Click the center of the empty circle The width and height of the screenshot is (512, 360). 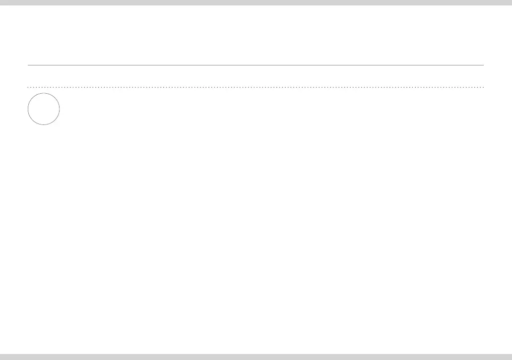point(44,109)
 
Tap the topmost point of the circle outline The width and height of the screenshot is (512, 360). point(44,93)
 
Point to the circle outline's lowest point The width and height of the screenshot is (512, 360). point(44,124)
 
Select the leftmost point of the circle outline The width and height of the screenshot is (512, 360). point(28,109)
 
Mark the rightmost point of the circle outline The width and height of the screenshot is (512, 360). point(60,109)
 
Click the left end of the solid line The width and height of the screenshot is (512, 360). point(28,65)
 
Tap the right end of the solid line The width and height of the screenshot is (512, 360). point(483,65)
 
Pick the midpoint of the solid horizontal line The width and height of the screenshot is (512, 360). point(256,65)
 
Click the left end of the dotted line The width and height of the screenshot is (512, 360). point(28,87)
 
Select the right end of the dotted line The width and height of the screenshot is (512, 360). point(483,87)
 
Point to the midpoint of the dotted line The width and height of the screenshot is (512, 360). point(256,87)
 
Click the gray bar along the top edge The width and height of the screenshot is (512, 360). point(256,2)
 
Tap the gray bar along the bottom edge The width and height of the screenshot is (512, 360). point(256,357)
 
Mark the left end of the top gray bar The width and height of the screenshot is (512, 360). point(1,2)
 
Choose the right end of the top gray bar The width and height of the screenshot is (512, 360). point(511,2)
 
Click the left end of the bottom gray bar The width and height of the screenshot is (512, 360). point(1,357)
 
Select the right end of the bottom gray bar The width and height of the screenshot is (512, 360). point(511,357)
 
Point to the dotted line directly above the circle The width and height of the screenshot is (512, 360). point(44,87)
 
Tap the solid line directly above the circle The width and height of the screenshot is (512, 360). point(44,65)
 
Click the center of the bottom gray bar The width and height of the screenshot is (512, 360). point(256,357)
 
